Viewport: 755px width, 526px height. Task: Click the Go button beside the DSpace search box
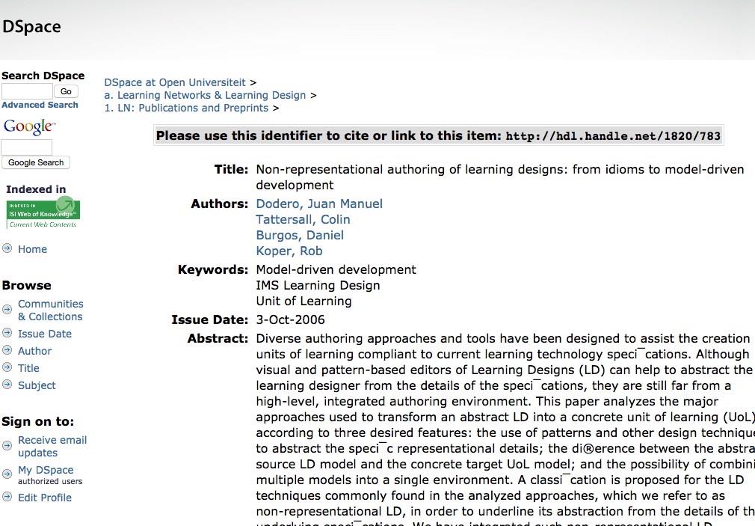point(66,91)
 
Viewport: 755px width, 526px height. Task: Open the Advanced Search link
point(40,105)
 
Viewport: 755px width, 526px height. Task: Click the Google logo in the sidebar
point(28,126)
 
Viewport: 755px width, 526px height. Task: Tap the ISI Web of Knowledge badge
point(43,214)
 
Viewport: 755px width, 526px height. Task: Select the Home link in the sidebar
point(32,249)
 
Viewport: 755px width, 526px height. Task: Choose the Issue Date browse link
point(45,334)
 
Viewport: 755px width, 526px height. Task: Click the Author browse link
point(35,351)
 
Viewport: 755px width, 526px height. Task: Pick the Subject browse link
point(37,385)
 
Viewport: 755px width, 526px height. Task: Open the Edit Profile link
point(45,498)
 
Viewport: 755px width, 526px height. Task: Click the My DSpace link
point(46,470)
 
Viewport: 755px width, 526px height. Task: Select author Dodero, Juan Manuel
point(319,204)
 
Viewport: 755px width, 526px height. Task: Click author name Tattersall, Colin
point(303,219)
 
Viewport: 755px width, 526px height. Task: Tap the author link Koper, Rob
point(289,251)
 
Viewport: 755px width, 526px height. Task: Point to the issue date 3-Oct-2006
point(291,319)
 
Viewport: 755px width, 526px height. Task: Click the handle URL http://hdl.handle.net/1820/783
point(613,136)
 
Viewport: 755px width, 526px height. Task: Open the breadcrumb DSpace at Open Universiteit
point(175,82)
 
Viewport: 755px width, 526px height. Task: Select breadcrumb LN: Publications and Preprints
point(191,108)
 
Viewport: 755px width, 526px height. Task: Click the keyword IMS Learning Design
point(318,285)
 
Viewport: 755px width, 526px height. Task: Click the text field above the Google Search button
point(27,147)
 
